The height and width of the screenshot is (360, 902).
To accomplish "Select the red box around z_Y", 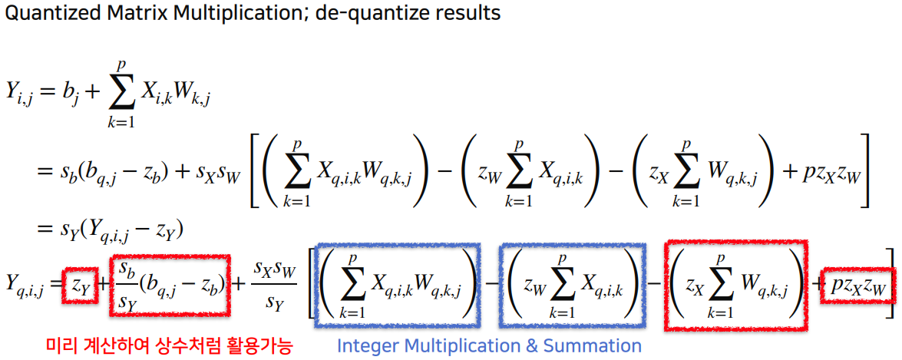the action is pyautogui.click(x=81, y=284).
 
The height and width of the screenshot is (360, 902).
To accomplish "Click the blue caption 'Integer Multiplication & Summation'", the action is pyautogui.click(x=489, y=346).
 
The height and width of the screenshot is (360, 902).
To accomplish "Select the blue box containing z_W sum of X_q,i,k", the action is pyautogui.click(x=573, y=285).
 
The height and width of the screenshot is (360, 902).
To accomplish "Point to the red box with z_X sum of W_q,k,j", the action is pyautogui.click(x=735, y=285).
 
